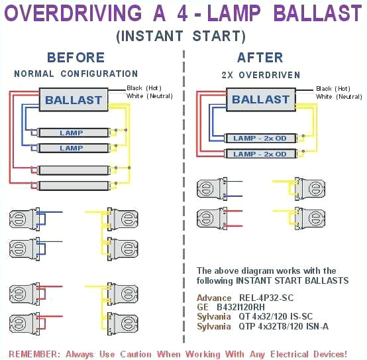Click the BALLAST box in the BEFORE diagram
[x=74, y=101]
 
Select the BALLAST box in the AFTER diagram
[x=260, y=99]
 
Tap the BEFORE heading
[x=76, y=58]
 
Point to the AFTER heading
[x=260, y=58]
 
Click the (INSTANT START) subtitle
[x=181, y=36]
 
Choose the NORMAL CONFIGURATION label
[x=76, y=74]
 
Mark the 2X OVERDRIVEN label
[x=260, y=75]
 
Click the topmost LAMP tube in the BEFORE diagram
[x=71, y=133]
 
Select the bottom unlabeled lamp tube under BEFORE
[x=71, y=185]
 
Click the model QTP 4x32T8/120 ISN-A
[x=284, y=326]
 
